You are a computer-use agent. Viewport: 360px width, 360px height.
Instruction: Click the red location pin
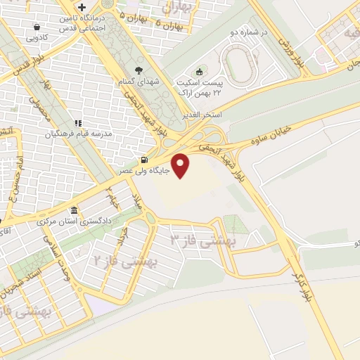(x=181, y=165)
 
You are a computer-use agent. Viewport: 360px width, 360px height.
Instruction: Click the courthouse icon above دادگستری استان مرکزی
(x=75, y=211)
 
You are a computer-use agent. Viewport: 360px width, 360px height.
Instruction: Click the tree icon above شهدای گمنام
(x=139, y=70)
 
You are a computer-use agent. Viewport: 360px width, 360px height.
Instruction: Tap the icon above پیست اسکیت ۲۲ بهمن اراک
(x=199, y=72)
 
